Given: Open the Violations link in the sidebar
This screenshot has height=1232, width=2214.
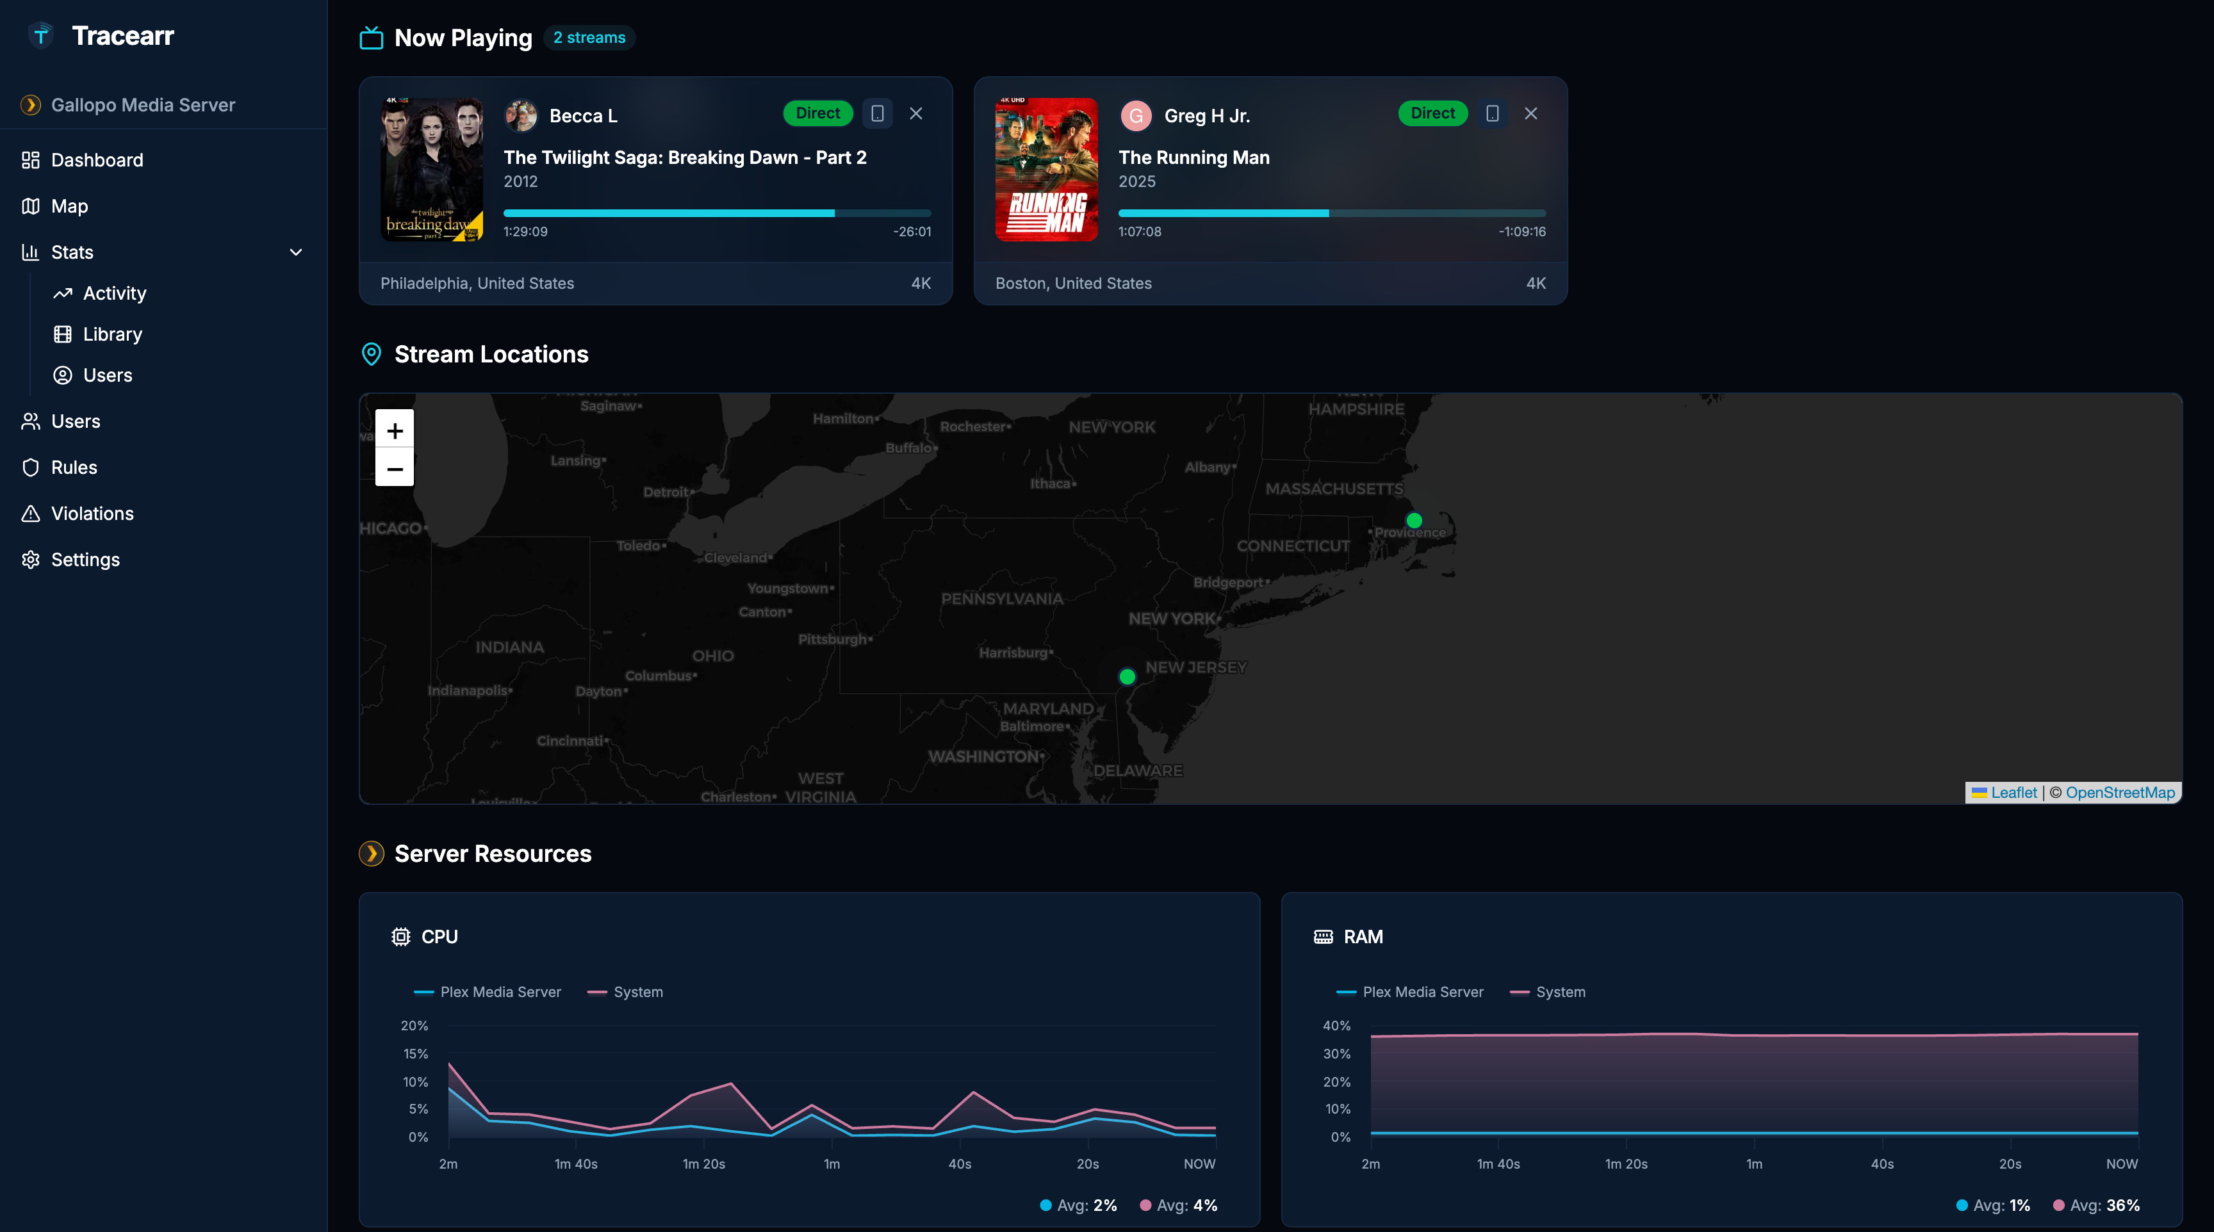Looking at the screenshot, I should [x=92, y=514].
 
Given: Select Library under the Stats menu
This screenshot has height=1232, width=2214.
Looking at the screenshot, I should [x=111, y=334].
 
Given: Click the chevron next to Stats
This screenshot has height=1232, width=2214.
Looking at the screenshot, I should [x=296, y=252].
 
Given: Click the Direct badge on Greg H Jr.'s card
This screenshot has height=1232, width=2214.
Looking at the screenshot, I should [x=1432, y=113].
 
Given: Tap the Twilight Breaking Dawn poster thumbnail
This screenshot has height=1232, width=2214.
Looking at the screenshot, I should [x=431, y=169].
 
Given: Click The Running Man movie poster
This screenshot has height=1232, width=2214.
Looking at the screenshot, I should [x=1046, y=169].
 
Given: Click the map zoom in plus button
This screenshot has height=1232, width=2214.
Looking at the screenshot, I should [x=395, y=430].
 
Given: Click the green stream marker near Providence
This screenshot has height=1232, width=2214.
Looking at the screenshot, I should [x=1414, y=521].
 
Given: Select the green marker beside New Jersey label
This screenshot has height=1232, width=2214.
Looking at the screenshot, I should [x=1127, y=677].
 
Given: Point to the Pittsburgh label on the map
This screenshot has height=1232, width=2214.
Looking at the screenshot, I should [x=833, y=639].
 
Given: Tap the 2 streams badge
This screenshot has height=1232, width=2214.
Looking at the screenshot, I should [x=589, y=38].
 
